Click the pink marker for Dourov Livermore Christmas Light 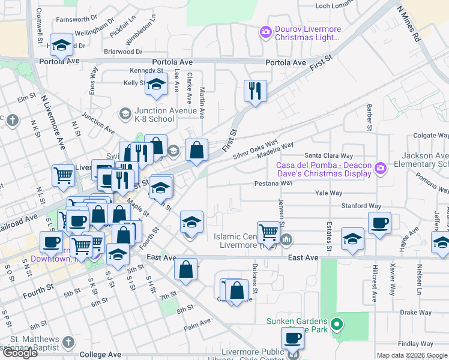pos(265,31)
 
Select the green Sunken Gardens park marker pos(337,326)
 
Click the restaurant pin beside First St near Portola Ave pos(255,91)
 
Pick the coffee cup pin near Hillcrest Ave pos(379,224)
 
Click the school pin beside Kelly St pos(156,86)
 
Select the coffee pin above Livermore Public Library pos(292,338)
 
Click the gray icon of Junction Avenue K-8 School pos(125,113)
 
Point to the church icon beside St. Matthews pos(68,342)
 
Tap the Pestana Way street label pos(273,183)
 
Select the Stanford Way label pos(361,206)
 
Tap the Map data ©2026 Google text pos(411,355)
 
